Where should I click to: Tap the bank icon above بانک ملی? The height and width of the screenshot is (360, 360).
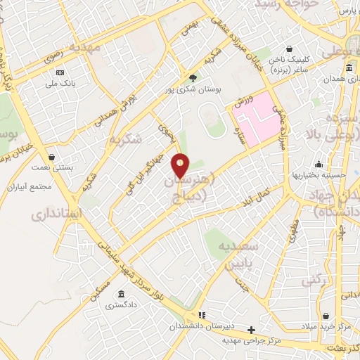tap(60, 72)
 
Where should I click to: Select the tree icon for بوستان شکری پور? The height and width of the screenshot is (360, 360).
tap(193, 77)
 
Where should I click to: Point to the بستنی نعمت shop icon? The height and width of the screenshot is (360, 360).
tap(51, 157)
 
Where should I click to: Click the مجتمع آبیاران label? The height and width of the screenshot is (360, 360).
tap(28, 188)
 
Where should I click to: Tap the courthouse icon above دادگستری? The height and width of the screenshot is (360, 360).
tap(122, 294)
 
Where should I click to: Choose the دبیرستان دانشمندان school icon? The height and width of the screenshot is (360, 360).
tap(202, 315)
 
